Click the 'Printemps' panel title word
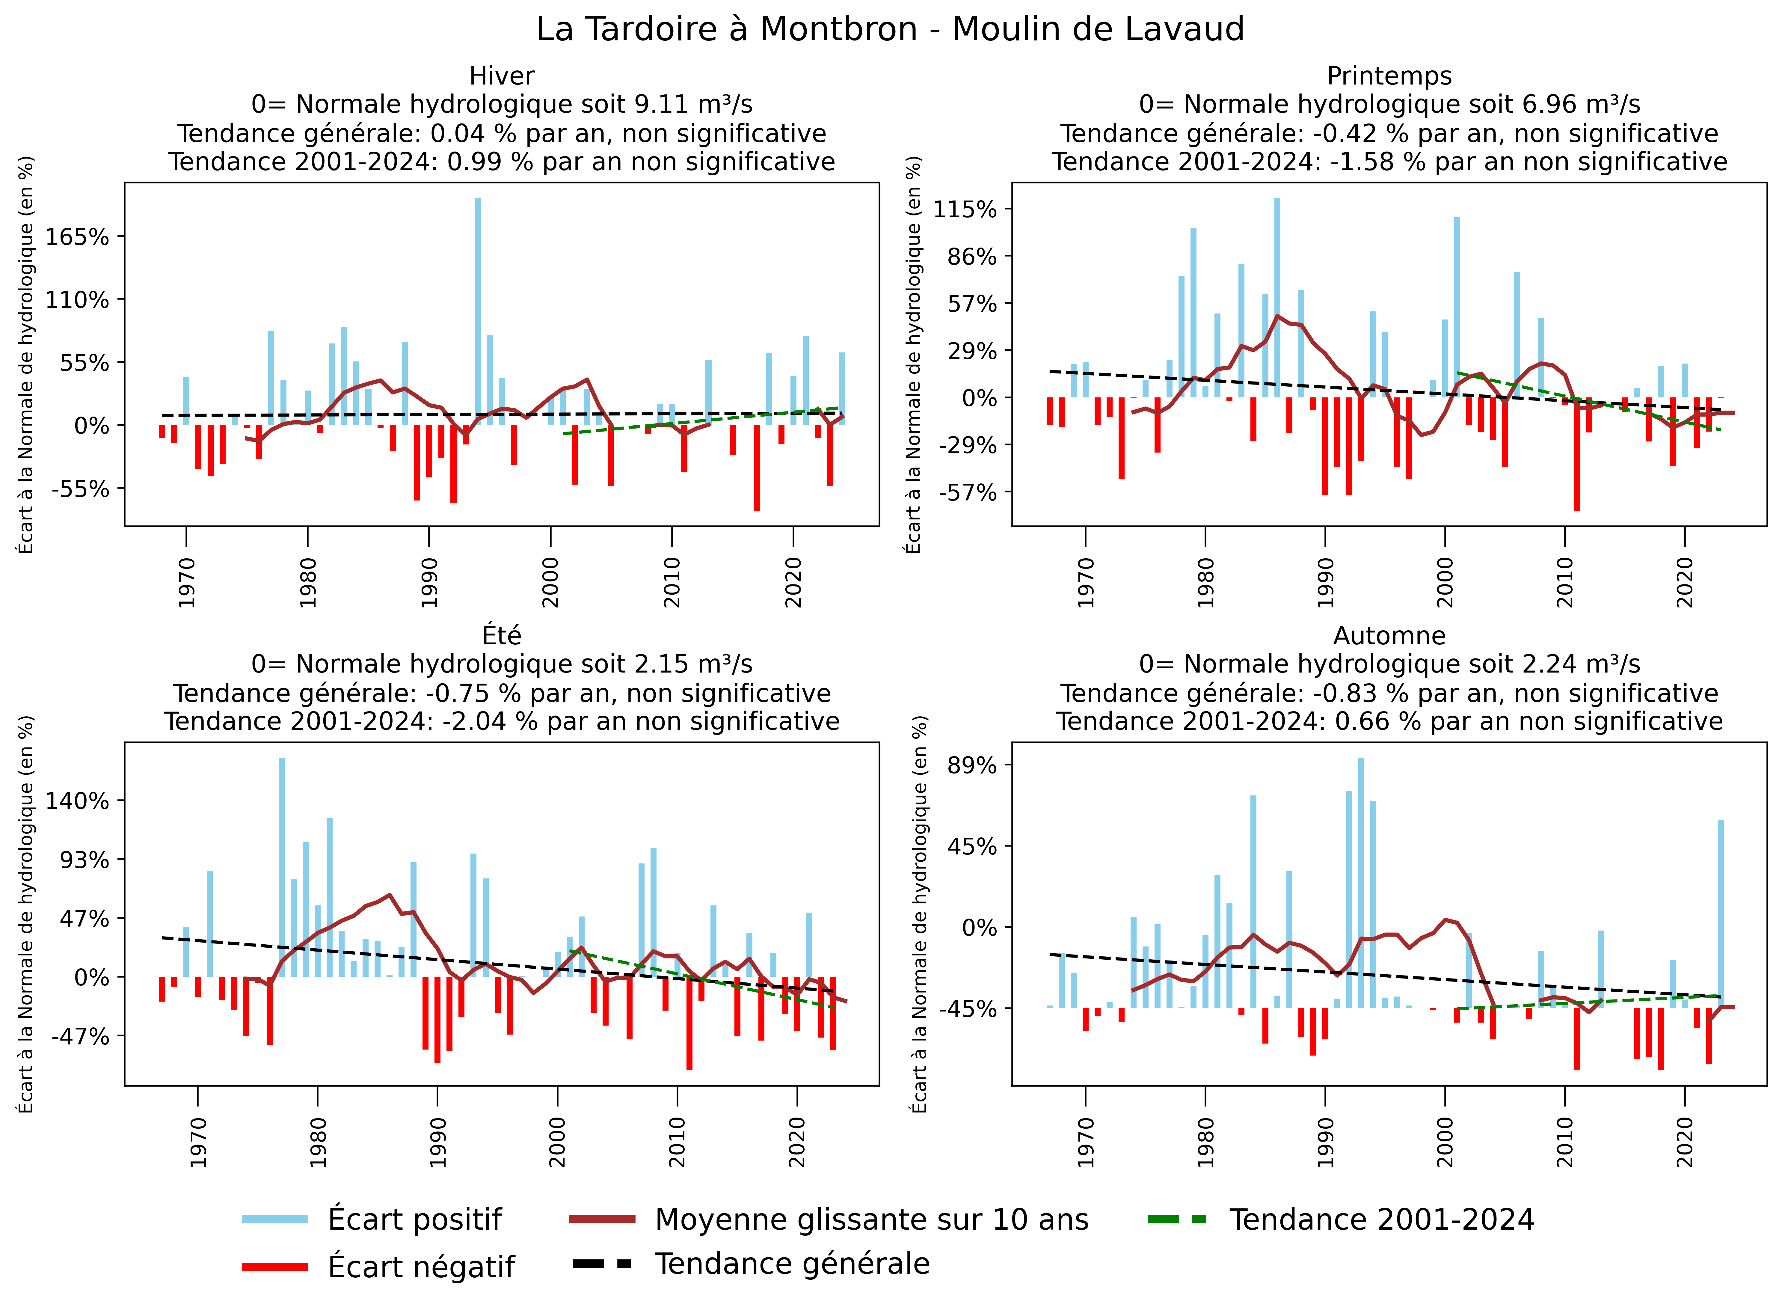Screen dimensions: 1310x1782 (1389, 76)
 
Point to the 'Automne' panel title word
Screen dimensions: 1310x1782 (1389, 636)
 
